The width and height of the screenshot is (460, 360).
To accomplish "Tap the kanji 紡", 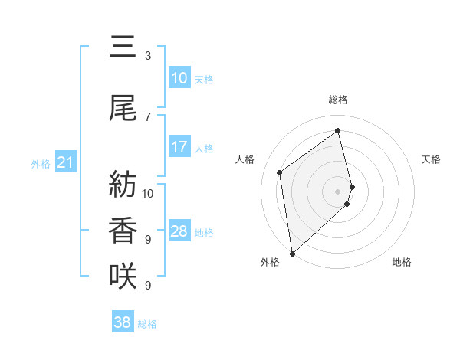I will tap(123, 185).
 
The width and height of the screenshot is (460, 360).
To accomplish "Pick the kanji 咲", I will tap(123, 276).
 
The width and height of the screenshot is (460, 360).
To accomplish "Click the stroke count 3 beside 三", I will tap(147, 56).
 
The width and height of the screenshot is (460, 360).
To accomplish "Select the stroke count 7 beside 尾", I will tap(147, 116).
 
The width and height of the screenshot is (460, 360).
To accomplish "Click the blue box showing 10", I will tap(179, 78).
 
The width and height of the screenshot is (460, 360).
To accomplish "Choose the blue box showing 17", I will tap(179, 147).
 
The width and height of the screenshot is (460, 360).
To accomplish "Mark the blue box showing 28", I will tap(179, 231).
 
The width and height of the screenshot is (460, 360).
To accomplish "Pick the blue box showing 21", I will tap(65, 162).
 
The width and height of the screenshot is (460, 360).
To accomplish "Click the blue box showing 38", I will tap(123, 322).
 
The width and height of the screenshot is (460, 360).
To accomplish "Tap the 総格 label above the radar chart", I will tap(338, 100).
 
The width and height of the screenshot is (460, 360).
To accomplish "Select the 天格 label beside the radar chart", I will tap(431, 159).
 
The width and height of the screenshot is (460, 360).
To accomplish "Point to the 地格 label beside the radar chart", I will tap(402, 262).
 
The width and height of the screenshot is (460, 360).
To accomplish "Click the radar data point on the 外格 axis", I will tap(291, 253).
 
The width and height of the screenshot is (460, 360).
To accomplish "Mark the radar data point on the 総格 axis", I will tap(338, 130).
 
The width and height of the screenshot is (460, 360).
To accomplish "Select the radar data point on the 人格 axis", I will tap(280, 172).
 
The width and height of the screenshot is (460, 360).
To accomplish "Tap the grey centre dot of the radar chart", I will tap(338, 190).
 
